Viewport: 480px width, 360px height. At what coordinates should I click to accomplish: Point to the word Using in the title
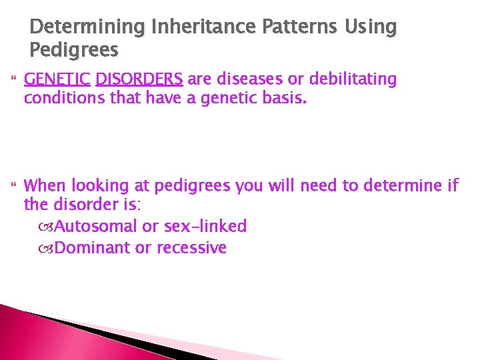[371, 27]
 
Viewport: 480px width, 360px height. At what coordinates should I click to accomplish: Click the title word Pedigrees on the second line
[74, 50]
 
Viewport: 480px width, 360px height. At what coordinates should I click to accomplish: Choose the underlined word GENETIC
[57, 79]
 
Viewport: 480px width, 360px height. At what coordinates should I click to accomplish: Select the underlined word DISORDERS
[139, 79]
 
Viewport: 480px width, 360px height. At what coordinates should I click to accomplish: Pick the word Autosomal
[96, 227]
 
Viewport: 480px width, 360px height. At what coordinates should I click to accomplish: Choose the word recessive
[193, 248]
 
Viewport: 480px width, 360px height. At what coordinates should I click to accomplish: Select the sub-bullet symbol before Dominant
[46, 249]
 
